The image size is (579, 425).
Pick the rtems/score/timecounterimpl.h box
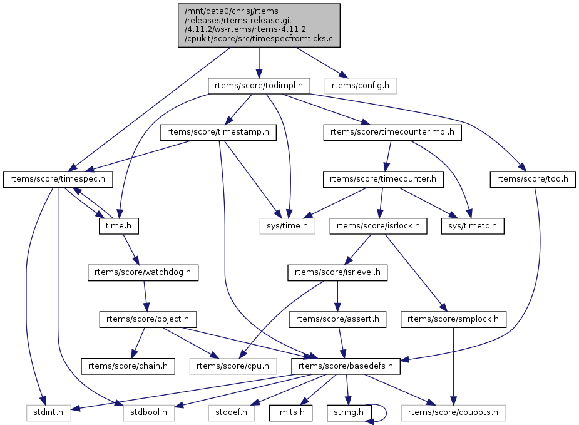pos(392,132)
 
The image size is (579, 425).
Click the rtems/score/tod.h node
pos(531,179)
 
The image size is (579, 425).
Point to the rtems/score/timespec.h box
pos(58,179)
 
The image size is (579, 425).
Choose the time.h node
pos(118,225)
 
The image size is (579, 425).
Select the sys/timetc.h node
pos(473,225)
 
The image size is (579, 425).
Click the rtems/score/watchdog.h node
pos(143,272)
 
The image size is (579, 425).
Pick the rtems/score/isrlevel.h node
pos(337,272)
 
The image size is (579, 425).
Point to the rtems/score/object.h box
pos(148,319)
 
